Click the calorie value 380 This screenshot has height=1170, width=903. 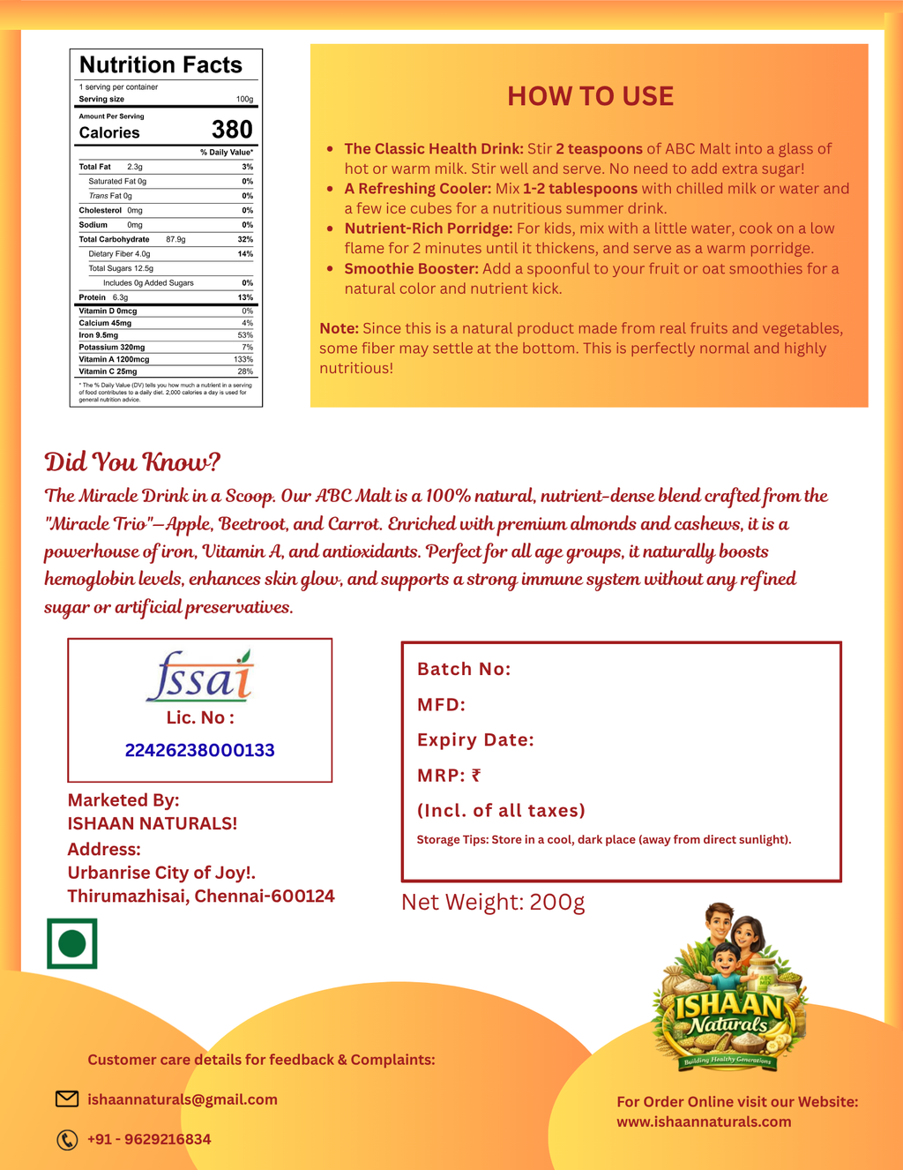[232, 130]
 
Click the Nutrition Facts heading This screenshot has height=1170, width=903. [160, 65]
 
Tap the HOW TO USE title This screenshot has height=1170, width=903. [590, 96]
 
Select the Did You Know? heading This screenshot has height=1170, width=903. [132, 461]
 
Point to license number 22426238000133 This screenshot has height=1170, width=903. [200, 750]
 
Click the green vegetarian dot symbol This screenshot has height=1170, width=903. [72, 943]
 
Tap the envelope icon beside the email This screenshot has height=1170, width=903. [67, 1099]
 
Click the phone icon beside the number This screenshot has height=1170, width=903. [67, 1140]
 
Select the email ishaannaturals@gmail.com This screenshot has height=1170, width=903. [183, 1099]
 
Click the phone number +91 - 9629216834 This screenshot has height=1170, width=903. [149, 1139]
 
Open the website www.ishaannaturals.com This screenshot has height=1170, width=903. [704, 1121]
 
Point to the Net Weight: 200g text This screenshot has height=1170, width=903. [493, 902]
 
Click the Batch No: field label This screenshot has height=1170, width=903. [464, 669]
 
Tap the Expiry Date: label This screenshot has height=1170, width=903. [475, 739]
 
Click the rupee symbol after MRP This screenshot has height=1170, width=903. [476, 776]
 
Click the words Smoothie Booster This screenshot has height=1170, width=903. [411, 268]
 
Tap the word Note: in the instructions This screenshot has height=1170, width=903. [339, 328]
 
